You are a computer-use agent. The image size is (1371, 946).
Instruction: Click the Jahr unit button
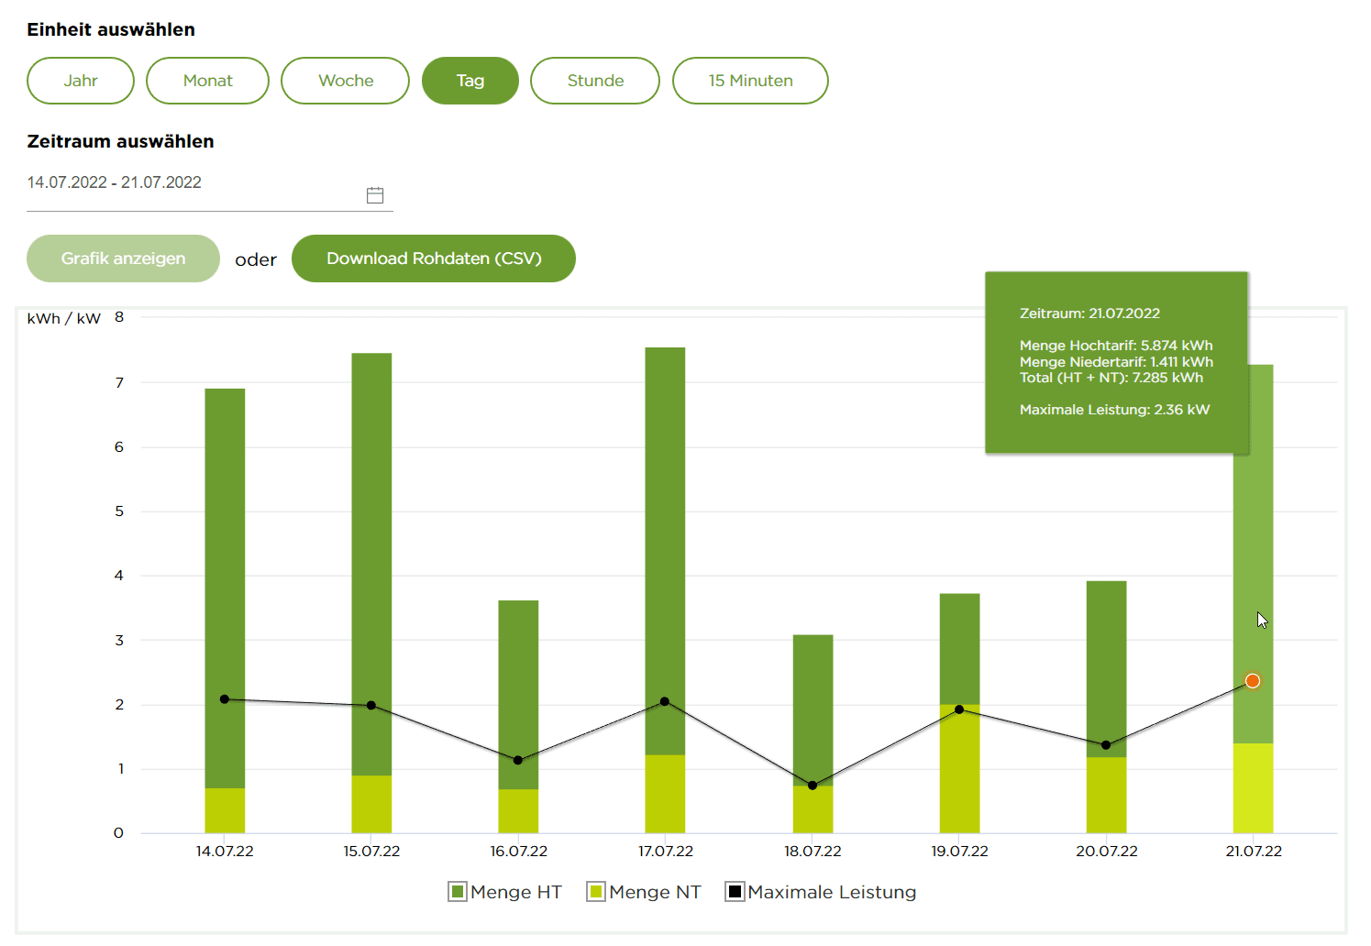81,81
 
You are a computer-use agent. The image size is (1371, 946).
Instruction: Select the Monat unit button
207,81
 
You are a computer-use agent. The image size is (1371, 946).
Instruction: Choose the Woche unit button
345,81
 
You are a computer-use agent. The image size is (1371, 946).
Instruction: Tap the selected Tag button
470,81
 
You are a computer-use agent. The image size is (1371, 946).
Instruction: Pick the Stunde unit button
595,81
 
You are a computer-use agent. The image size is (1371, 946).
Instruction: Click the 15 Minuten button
750,81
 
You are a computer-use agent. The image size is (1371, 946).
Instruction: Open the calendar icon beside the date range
375,195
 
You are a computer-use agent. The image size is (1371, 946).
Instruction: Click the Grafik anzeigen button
123,258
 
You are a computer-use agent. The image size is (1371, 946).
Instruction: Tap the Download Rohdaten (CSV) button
434,258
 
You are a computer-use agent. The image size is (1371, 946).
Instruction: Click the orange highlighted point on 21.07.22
1253,681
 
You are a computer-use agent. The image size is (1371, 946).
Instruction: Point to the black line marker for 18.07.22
813,786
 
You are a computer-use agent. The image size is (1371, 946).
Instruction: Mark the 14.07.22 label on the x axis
225,852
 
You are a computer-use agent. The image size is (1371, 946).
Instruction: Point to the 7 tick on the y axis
119,383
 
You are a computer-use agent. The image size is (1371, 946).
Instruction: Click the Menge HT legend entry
505,892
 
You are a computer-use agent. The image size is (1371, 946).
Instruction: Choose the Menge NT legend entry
645,892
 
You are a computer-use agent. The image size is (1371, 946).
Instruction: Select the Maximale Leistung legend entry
821,892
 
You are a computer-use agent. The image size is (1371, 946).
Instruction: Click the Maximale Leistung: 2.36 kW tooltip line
1114,410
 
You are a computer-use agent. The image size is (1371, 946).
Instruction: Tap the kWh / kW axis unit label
63,319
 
